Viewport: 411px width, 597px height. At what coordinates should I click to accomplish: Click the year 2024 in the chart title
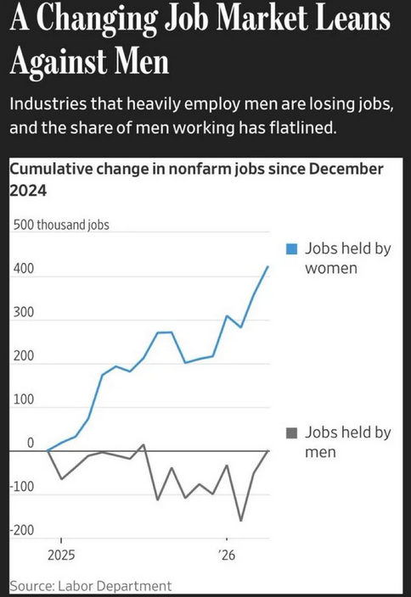point(28,190)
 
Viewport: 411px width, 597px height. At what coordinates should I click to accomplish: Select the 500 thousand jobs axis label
point(61,225)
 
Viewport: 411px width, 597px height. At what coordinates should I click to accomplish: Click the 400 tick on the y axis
point(24,269)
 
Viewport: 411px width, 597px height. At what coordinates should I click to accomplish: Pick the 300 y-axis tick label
point(24,312)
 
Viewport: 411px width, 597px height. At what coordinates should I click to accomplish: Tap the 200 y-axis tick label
point(24,356)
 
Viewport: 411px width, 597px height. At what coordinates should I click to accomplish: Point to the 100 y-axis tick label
point(24,399)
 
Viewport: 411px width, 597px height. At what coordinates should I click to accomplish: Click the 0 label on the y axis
point(30,443)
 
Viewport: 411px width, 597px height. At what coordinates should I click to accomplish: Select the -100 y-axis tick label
point(22,487)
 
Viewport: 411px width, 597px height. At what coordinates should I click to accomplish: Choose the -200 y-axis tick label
point(22,530)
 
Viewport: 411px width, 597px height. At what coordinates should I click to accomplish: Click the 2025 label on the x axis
point(61,555)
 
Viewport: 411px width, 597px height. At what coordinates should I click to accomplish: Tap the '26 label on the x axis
point(228,555)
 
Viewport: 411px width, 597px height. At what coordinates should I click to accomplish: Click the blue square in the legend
point(291,249)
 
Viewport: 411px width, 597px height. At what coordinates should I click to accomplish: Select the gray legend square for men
point(291,432)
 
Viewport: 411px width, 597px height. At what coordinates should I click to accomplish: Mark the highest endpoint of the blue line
point(268,266)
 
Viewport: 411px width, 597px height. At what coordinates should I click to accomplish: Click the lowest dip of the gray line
point(241,521)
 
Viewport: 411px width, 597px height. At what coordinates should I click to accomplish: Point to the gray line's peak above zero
point(144,444)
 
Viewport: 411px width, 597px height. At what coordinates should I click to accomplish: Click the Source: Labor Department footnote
point(91,586)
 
